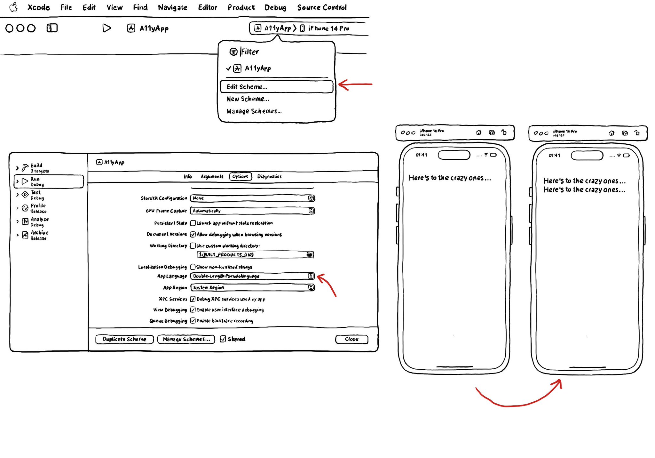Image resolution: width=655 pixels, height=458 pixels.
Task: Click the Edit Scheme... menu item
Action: [x=276, y=87]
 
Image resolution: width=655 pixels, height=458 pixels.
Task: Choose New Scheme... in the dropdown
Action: [x=248, y=99]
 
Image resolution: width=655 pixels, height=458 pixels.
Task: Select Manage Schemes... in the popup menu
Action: [x=254, y=111]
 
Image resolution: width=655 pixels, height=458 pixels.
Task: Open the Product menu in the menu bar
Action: [x=241, y=7]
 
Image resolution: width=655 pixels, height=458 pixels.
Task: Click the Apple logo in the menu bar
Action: [x=13, y=7]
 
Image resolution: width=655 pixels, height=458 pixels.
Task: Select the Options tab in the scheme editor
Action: [x=240, y=176]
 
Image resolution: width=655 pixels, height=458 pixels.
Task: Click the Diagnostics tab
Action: [x=269, y=176]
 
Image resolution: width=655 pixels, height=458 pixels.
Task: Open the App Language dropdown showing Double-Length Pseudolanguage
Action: [x=252, y=276]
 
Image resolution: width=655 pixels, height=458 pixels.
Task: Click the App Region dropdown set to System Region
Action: [x=252, y=287]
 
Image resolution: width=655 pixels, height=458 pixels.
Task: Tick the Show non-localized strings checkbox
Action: [x=193, y=267]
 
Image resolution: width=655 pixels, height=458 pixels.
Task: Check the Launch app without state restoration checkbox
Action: [x=193, y=223]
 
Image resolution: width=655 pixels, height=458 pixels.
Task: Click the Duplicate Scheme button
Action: [x=124, y=339]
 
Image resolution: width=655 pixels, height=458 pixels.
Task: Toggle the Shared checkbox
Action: [x=223, y=339]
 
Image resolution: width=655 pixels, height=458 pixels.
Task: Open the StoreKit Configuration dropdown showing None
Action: [x=252, y=198]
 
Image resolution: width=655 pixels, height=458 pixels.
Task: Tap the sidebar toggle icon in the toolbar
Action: [x=52, y=28]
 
